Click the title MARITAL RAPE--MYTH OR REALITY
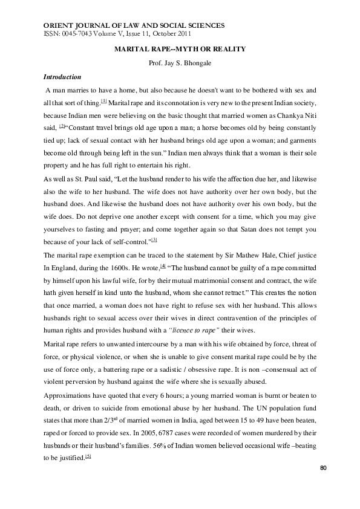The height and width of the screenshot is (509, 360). point(180,48)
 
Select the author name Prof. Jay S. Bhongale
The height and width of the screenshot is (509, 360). point(180,63)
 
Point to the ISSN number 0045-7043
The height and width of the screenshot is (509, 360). point(74,33)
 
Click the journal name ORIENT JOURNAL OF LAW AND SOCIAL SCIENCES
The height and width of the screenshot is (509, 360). point(135,25)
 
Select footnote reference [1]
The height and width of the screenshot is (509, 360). point(104,100)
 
